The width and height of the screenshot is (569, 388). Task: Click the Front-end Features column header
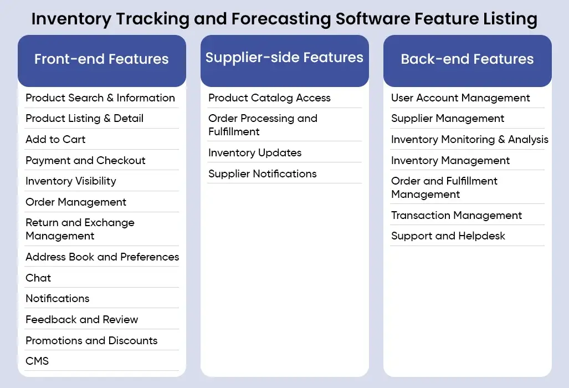[x=101, y=59]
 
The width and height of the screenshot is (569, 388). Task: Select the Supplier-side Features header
[x=285, y=57]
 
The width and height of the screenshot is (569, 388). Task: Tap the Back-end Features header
[x=468, y=59]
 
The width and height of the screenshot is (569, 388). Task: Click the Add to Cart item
[x=55, y=139]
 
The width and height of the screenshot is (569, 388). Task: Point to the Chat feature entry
[x=38, y=278]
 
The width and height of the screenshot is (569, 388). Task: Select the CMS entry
[x=37, y=361]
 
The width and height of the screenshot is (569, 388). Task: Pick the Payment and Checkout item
[x=86, y=160]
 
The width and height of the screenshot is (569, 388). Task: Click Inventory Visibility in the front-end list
[x=71, y=181]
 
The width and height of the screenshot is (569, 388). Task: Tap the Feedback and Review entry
[x=82, y=319]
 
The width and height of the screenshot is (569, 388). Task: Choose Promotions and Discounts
[x=91, y=340]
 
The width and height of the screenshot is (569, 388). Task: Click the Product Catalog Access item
[x=269, y=98]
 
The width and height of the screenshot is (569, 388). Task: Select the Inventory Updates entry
[x=255, y=153]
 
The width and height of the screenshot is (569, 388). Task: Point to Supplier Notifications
[x=263, y=174]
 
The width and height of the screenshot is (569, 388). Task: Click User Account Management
[x=460, y=98]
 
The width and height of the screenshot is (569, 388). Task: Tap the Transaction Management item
[x=457, y=216]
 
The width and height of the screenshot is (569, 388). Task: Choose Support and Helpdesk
[x=448, y=236]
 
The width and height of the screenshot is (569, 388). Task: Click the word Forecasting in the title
[x=281, y=19]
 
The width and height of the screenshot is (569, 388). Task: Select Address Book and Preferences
[x=102, y=257]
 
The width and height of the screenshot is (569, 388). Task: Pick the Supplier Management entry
[x=448, y=118]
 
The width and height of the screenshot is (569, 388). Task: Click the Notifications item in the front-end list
[x=57, y=299]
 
